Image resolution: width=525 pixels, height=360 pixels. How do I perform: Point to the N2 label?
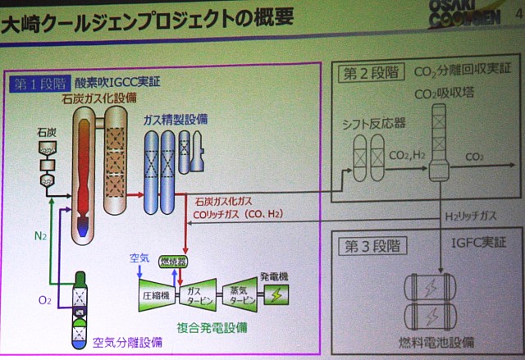point(41,236)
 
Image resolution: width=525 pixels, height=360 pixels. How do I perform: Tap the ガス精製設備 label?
point(175,119)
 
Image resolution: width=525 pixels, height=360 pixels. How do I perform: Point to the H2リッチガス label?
point(471,216)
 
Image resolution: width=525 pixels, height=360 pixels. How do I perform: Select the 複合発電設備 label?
point(212,326)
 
